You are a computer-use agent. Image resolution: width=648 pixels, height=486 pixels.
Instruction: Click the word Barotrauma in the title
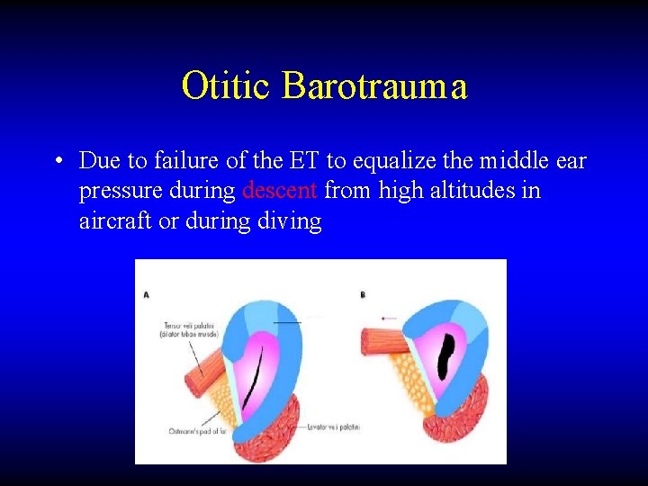374,86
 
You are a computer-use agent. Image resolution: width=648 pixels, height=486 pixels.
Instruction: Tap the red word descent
280,191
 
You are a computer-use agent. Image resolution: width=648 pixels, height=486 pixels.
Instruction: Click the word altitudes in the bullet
474,191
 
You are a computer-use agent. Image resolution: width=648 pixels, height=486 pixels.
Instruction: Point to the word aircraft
116,221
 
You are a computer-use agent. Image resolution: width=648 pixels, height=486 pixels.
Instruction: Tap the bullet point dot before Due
57,162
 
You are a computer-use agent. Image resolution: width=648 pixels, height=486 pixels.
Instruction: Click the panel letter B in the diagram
362,295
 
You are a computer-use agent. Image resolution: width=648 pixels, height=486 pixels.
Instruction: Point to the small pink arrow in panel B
388,318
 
